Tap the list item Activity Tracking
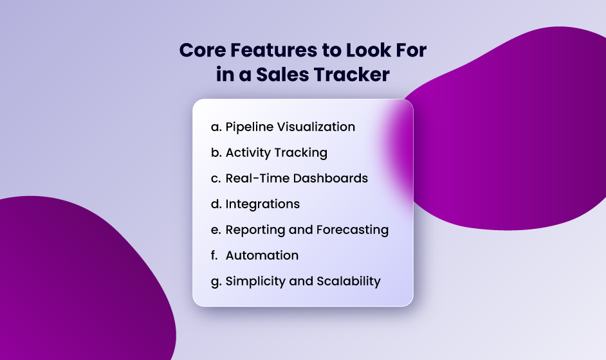[276, 153]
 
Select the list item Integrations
[262, 204]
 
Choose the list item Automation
[262, 256]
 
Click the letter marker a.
[216, 127]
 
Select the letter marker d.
[216, 204]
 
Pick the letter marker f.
[214, 256]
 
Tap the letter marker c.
[216, 179]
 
